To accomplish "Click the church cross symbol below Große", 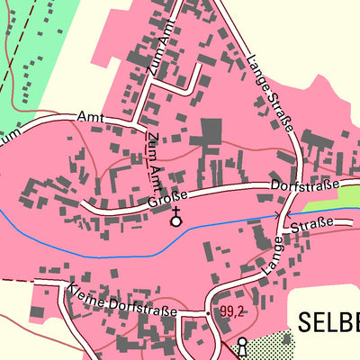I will [x=175, y=216].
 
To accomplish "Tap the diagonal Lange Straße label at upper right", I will [x=270, y=94].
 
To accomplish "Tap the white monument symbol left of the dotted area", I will [x=241, y=345].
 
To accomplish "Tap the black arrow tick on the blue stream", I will [x=277, y=214].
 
